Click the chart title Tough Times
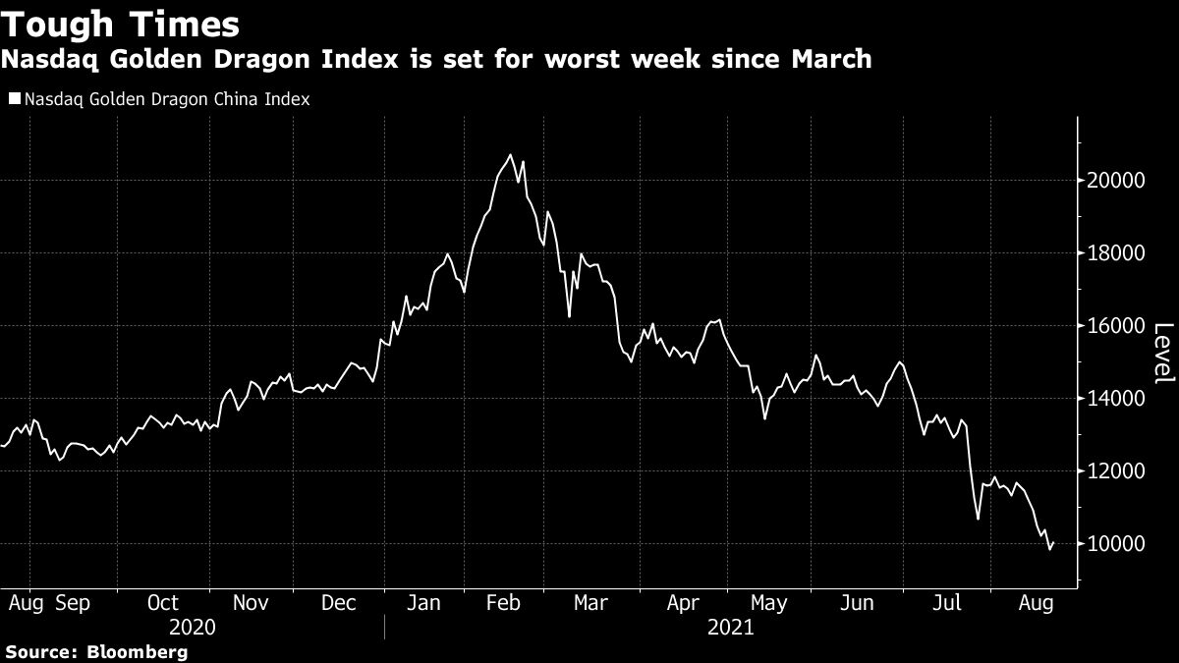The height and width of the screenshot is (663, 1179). tap(120, 24)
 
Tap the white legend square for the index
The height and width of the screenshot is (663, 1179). tap(14, 99)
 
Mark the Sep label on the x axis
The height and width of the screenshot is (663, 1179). tap(74, 603)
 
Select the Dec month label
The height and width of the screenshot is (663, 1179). tap(339, 603)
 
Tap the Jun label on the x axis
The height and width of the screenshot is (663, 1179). tap(859, 603)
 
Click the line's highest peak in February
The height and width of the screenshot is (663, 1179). tap(510, 155)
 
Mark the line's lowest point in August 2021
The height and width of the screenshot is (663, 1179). tap(1050, 549)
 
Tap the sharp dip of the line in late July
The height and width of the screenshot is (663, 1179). tap(978, 519)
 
